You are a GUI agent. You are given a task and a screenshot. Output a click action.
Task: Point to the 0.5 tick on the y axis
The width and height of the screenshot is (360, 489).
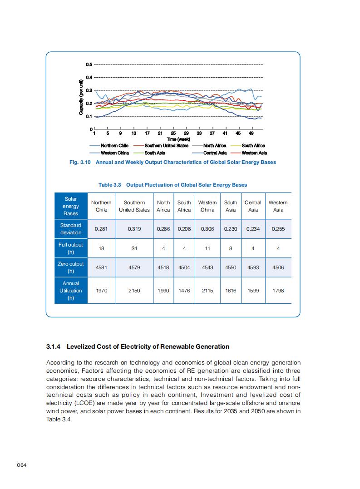click(89, 64)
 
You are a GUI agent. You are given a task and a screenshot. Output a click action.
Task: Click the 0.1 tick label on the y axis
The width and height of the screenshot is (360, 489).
click(89, 117)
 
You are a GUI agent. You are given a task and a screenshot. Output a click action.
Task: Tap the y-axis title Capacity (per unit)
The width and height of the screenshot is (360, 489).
click(81, 97)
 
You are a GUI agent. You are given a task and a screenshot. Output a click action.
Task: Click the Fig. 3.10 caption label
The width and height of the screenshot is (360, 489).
click(79, 162)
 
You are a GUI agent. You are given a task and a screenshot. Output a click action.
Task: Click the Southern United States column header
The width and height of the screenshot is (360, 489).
click(134, 206)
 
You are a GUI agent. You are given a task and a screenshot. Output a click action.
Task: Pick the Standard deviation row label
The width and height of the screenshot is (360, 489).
click(71, 229)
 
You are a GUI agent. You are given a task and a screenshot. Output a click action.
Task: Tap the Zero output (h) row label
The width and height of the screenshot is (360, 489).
click(71, 267)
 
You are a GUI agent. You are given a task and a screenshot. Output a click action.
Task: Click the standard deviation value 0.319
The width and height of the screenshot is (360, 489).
click(134, 229)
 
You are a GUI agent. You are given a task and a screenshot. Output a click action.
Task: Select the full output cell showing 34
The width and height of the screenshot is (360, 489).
click(134, 248)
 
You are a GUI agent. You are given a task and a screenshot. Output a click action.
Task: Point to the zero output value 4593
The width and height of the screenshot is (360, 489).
click(253, 267)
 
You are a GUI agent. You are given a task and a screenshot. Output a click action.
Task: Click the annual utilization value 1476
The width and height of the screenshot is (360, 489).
click(184, 291)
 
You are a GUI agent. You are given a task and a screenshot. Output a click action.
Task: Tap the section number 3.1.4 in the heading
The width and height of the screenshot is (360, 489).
click(55, 346)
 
